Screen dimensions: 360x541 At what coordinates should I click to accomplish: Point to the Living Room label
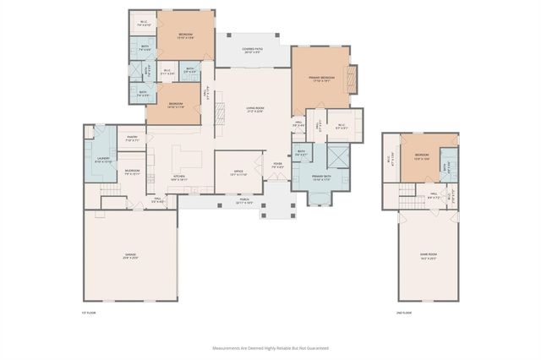pyautogui.click(x=254, y=110)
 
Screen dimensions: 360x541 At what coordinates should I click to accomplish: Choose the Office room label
pyautogui.click(x=239, y=172)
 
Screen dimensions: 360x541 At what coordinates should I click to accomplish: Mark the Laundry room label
pyautogui.click(x=103, y=158)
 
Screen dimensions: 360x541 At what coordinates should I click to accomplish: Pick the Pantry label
pyautogui.click(x=132, y=139)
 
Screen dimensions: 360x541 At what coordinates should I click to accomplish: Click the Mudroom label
pyautogui.click(x=132, y=172)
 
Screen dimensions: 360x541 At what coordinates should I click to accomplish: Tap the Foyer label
pyautogui.click(x=277, y=166)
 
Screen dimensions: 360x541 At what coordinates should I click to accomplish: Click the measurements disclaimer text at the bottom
pyautogui.click(x=270, y=347)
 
